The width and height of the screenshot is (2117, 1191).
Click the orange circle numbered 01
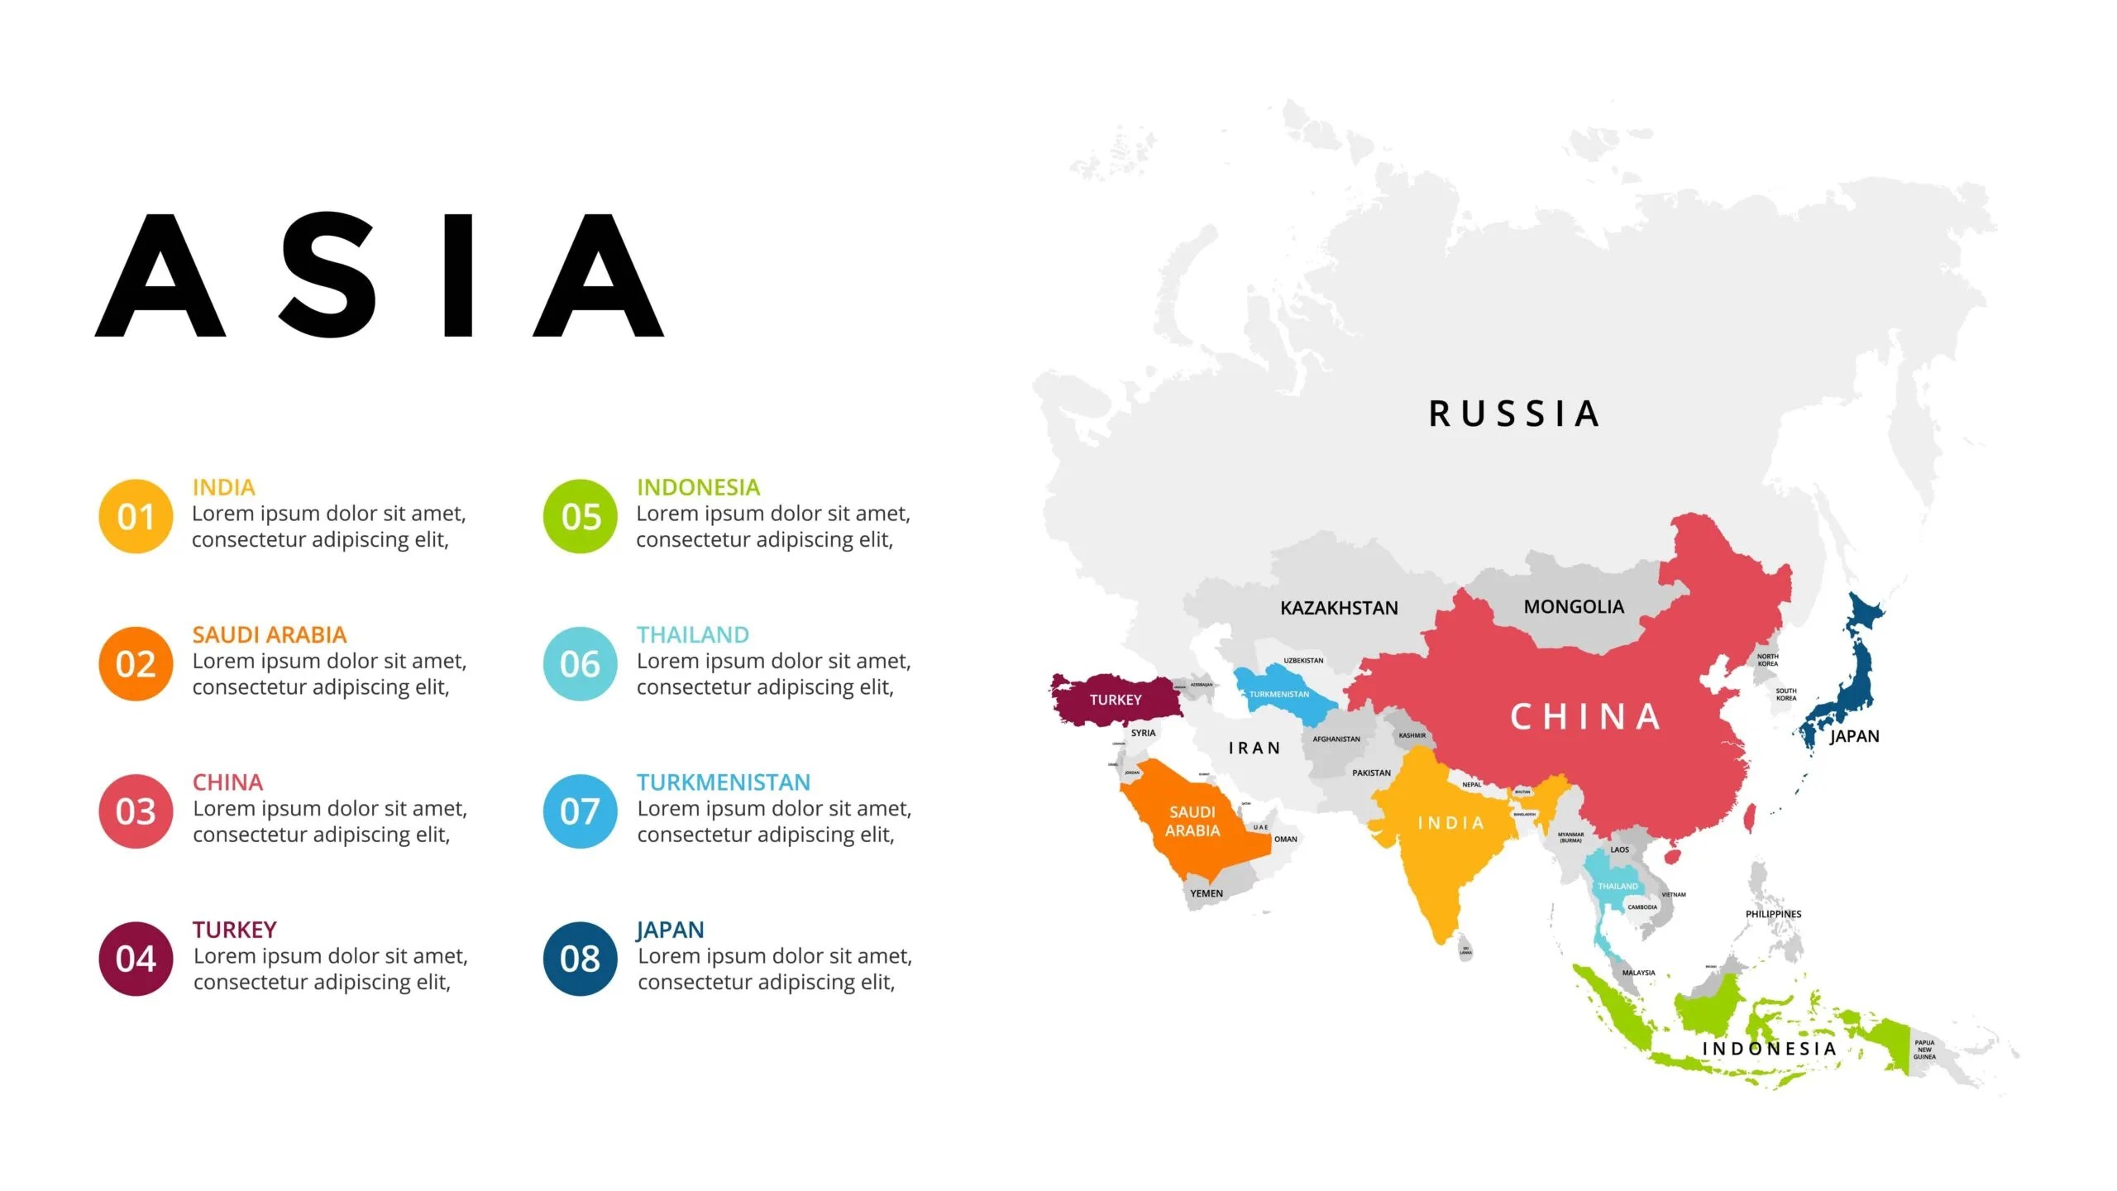tap(136, 516)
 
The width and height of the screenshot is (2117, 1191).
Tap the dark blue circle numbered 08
tap(580, 959)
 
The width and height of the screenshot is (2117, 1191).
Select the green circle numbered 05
tap(580, 516)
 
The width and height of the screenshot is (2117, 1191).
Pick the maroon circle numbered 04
tap(136, 959)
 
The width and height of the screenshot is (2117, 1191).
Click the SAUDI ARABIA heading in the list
tap(270, 634)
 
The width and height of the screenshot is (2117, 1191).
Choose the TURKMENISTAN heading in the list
tap(723, 782)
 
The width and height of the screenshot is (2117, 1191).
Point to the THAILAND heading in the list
tap(692, 634)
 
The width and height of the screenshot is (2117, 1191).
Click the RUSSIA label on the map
tap(1514, 414)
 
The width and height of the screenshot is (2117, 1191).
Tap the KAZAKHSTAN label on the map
tap(1339, 608)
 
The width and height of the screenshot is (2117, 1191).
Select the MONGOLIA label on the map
tap(1574, 606)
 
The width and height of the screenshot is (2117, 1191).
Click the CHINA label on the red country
tap(1585, 717)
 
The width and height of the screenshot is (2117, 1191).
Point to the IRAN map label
tap(1254, 748)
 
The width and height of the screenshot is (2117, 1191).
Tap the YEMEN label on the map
tap(1207, 893)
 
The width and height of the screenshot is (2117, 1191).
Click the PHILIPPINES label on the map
tap(1773, 914)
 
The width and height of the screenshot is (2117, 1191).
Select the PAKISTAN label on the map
tap(1371, 772)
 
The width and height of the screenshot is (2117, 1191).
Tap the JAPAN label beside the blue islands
tap(1854, 736)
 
